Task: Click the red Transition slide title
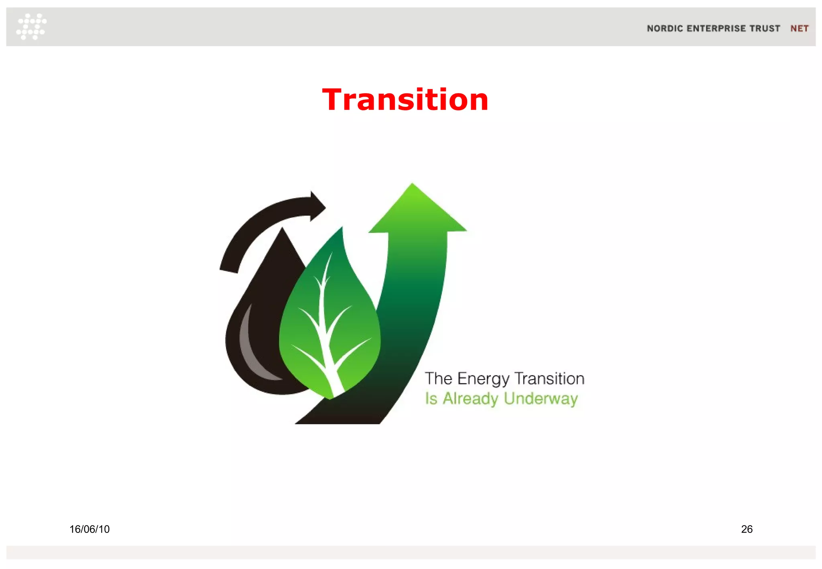pyautogui.click(x=405, y=100)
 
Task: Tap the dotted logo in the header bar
pyautogui.click(x=31, y=26)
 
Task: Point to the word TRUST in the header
pyautogui.click(x=765, y=28)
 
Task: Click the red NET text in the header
pyautogui.click(x=799, y=28)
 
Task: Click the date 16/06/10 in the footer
pyautogui.click(x=89, y=529)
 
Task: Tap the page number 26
pyautogui.click(x=747, y=529)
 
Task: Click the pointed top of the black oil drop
pyautogui.click(x=282, y=231)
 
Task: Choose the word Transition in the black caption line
pyautogui.click(x=549, y=379)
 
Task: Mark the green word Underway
pyautogui.click(x=541, y=398)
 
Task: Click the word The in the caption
pyautogui.click(x=438, y=379)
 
